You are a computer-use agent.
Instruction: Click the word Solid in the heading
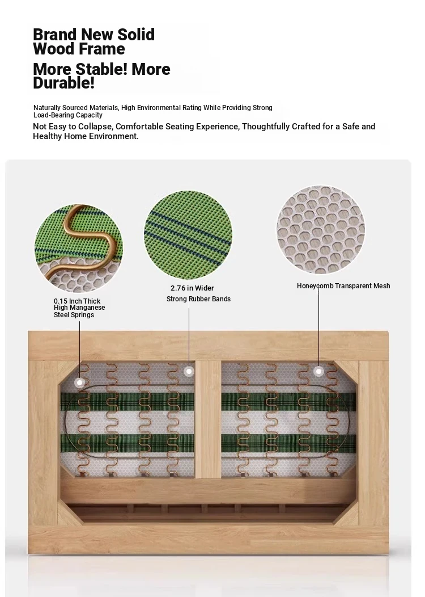[x=135, y=34]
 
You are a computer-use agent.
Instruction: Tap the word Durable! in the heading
[x=63, y=83]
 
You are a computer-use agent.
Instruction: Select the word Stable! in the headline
[x=101, y=69]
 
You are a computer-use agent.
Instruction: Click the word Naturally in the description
[x=47, y=108]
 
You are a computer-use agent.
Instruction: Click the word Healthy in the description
[x=47, y=136]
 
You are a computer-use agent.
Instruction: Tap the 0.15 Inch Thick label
[x=77, y=301]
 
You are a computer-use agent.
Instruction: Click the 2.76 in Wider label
[x=192, y=288]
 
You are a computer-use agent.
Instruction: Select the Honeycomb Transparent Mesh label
[x=343, y=286]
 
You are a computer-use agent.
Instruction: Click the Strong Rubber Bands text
[x=198, y=299]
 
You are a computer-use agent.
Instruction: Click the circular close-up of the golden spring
[x=79, y=249]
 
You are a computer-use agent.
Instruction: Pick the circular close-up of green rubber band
[x=188, y=236]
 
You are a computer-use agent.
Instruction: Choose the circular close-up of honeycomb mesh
[x=321, y=230]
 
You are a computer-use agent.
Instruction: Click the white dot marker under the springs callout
[x=79, y=382]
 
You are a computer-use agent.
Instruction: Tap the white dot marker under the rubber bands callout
[x=189, y=371]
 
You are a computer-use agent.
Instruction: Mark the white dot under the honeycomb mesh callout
[x=319, y=371]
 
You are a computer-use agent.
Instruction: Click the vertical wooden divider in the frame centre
[x=208, y=419]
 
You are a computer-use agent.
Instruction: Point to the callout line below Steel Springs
[x=79, y=350]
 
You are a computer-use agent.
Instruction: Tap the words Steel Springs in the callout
[x=74, y=315]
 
